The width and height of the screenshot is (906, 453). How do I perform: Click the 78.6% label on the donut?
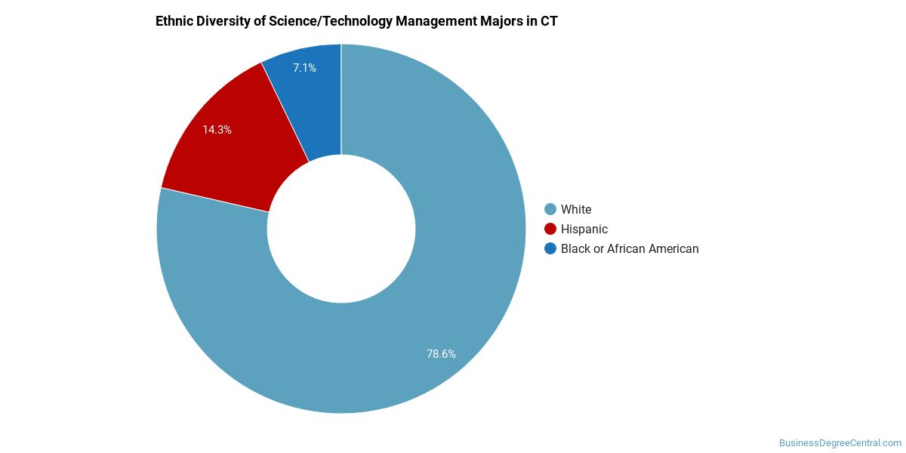[x=441, y=353]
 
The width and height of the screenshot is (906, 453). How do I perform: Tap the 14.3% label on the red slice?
[x=217, y=130]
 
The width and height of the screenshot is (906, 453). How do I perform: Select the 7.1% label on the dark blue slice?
[x=304, y=68]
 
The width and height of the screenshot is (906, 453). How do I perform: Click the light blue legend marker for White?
[x=550, y=209]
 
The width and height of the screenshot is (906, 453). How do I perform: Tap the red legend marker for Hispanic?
[x=550, y=229]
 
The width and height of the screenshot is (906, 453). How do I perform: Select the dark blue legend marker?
[x=550, y=248]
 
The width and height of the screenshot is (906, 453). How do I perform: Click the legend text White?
[x=576, y=209]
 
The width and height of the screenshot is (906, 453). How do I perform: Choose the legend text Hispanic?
[x=584, y=229]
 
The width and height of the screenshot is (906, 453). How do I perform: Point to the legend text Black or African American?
[x=630, y=248]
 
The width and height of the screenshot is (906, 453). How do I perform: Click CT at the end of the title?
[x=549, y=21]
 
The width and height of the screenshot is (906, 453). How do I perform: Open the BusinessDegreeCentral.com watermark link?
[x=840, y=443]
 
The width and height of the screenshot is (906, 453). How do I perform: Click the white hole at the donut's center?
[x=341, y=229]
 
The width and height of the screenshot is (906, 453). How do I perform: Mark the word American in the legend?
[x=671, y=248]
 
